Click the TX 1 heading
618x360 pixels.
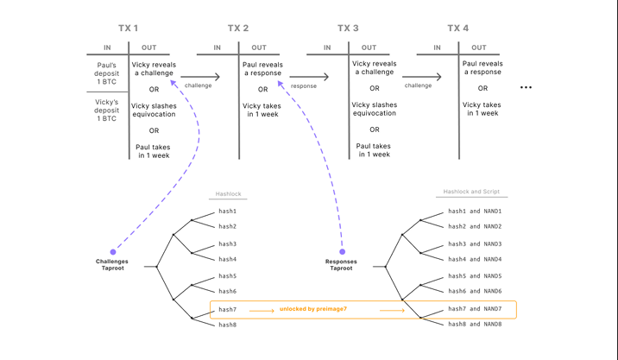pos(128,28)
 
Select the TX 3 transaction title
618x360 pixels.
pos(348,28)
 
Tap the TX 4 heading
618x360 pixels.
pos(458,28)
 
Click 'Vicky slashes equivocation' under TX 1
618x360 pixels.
pos(154,111)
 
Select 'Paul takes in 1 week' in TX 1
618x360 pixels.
pos(154,151)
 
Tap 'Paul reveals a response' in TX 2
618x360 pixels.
pos(262,69)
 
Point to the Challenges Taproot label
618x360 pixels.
pos(113,264)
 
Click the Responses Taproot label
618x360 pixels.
pos(341,264)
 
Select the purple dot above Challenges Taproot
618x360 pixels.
pos(113,252)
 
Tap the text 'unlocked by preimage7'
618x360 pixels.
pos(313,309)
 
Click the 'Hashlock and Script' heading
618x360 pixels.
pos(470,192)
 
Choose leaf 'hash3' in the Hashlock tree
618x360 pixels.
pos(227,244)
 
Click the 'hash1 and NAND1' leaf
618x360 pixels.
pos(474,212)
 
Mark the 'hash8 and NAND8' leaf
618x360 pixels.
pos(474,324)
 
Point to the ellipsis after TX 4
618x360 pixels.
pos(526,87)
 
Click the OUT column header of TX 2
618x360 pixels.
pos(259,47)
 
